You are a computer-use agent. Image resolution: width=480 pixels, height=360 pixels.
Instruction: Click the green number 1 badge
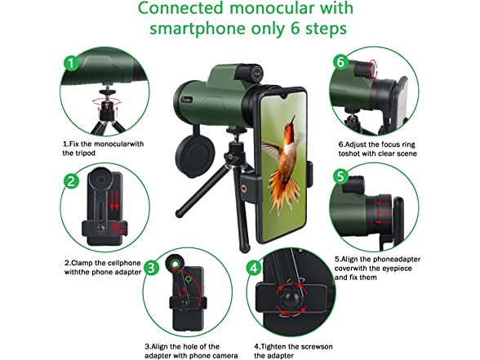71,64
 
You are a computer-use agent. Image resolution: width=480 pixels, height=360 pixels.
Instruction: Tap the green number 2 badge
71,181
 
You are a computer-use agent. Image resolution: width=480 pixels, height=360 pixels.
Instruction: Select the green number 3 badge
151,268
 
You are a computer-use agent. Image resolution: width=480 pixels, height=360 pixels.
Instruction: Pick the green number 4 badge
254,268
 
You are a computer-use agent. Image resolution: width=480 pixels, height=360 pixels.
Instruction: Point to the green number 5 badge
340,176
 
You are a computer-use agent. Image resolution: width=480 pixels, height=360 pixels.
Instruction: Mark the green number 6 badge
340,62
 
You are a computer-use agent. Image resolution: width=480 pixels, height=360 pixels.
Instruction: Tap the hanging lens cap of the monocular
194,155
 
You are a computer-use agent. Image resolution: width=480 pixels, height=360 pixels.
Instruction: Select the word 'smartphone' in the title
198,29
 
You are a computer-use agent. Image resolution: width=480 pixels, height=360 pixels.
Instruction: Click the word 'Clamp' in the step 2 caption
82,263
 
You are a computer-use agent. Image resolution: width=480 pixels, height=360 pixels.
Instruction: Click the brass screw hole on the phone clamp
244,189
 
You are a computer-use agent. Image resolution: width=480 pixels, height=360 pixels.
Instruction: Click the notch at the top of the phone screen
284,96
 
